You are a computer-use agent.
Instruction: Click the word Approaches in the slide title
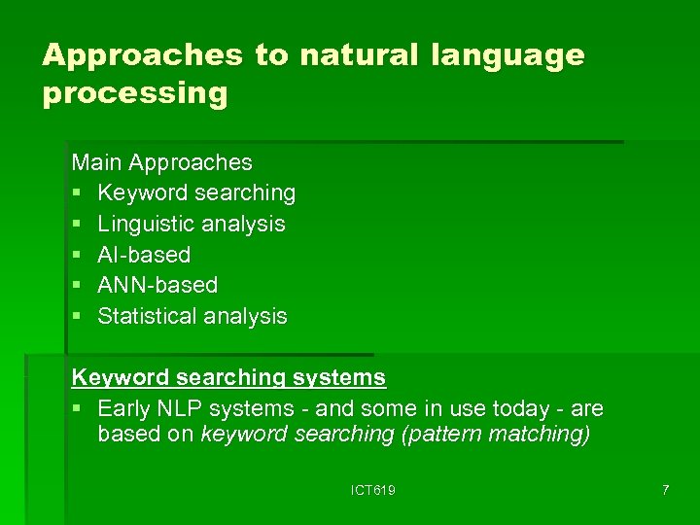[x=142, y=55]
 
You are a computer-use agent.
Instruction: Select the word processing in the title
[x=134, y=94]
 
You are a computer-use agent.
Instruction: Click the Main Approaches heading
[x=161, y=162]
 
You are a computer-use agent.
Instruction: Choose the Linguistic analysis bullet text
[x=192, y=224]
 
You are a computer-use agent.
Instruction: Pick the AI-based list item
[x=144, y=255]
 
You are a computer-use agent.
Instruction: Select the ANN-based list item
[x=157, y=285]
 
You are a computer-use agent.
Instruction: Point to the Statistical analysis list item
[x=192, y=316]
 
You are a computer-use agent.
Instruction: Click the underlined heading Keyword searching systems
[x=228, y=377]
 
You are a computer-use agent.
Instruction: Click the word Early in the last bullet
[x=125, y=408]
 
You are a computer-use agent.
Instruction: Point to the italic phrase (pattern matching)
[x=496, y=434]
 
